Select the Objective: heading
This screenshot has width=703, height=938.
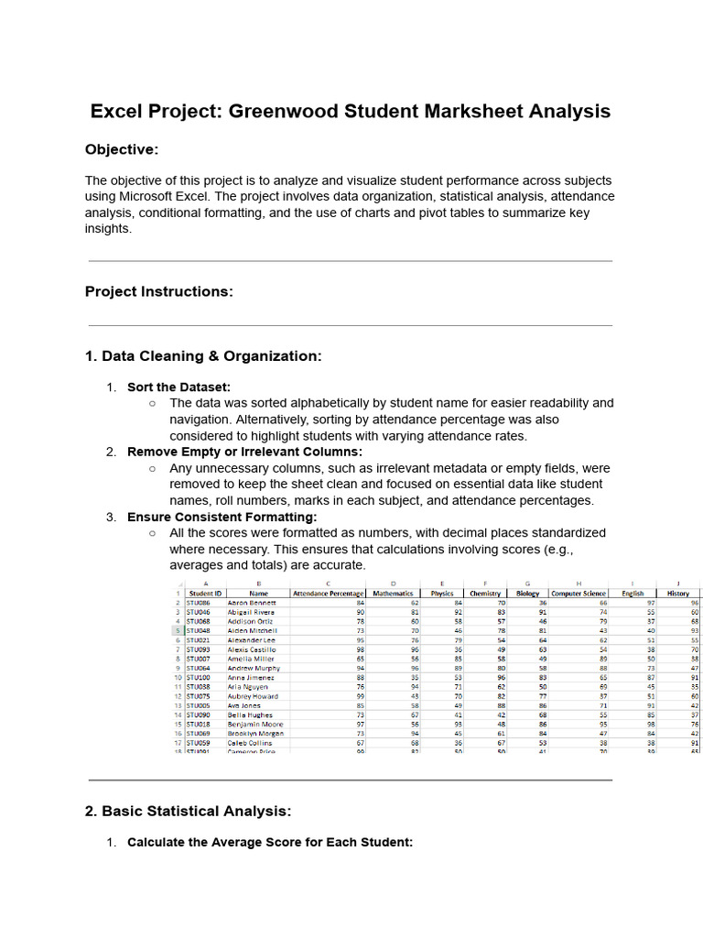[x=122, y=149]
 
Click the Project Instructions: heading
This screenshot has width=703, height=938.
[x=159, y=291]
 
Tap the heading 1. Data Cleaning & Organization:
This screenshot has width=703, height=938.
[x=203, y=355]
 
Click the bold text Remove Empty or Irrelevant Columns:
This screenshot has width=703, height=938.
[x=244, y=452]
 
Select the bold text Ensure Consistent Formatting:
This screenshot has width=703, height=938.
[x=222, y=517]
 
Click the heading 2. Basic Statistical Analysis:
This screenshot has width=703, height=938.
[x=189, y=811]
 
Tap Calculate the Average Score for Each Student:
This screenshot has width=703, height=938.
[x=270, y=842]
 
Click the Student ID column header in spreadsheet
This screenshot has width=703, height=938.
[x=205, y=594]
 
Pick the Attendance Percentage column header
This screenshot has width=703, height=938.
[x=329, y=594]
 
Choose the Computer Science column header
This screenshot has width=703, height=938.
[x=579, y=594]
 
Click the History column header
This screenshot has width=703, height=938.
[x=678, y=594]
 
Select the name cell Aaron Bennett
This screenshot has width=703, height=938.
[x=251, y=603]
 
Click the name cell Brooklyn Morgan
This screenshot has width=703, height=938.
[x=255, y=734]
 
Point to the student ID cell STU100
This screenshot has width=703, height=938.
[x=199, y=677]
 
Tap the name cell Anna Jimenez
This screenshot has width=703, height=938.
[x=250, y=677]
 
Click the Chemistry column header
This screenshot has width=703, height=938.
[x=485, y=594]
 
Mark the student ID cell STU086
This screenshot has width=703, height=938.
[x=199, y=603]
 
